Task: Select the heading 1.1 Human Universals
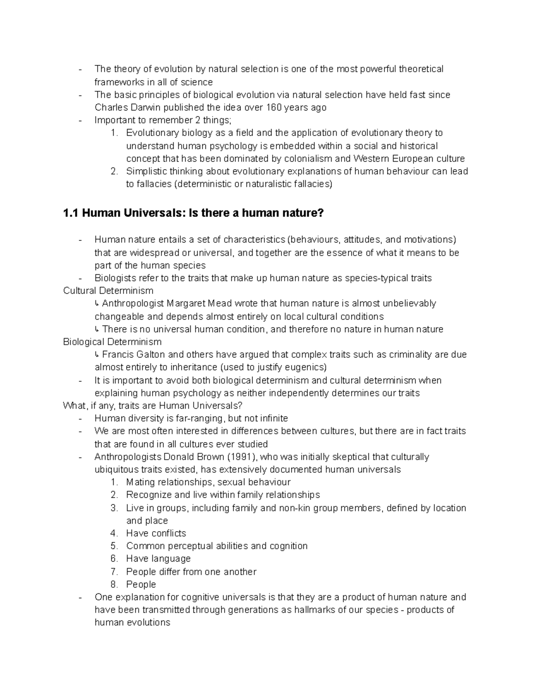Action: tap(193, 213)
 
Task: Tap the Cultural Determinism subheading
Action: tap(108, 290)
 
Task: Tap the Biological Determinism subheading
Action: tap(112, 342)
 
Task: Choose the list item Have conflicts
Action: tap(156, 533)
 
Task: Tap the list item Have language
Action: tap(158, 559)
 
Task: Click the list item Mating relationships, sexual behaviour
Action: tap(208, 482)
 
